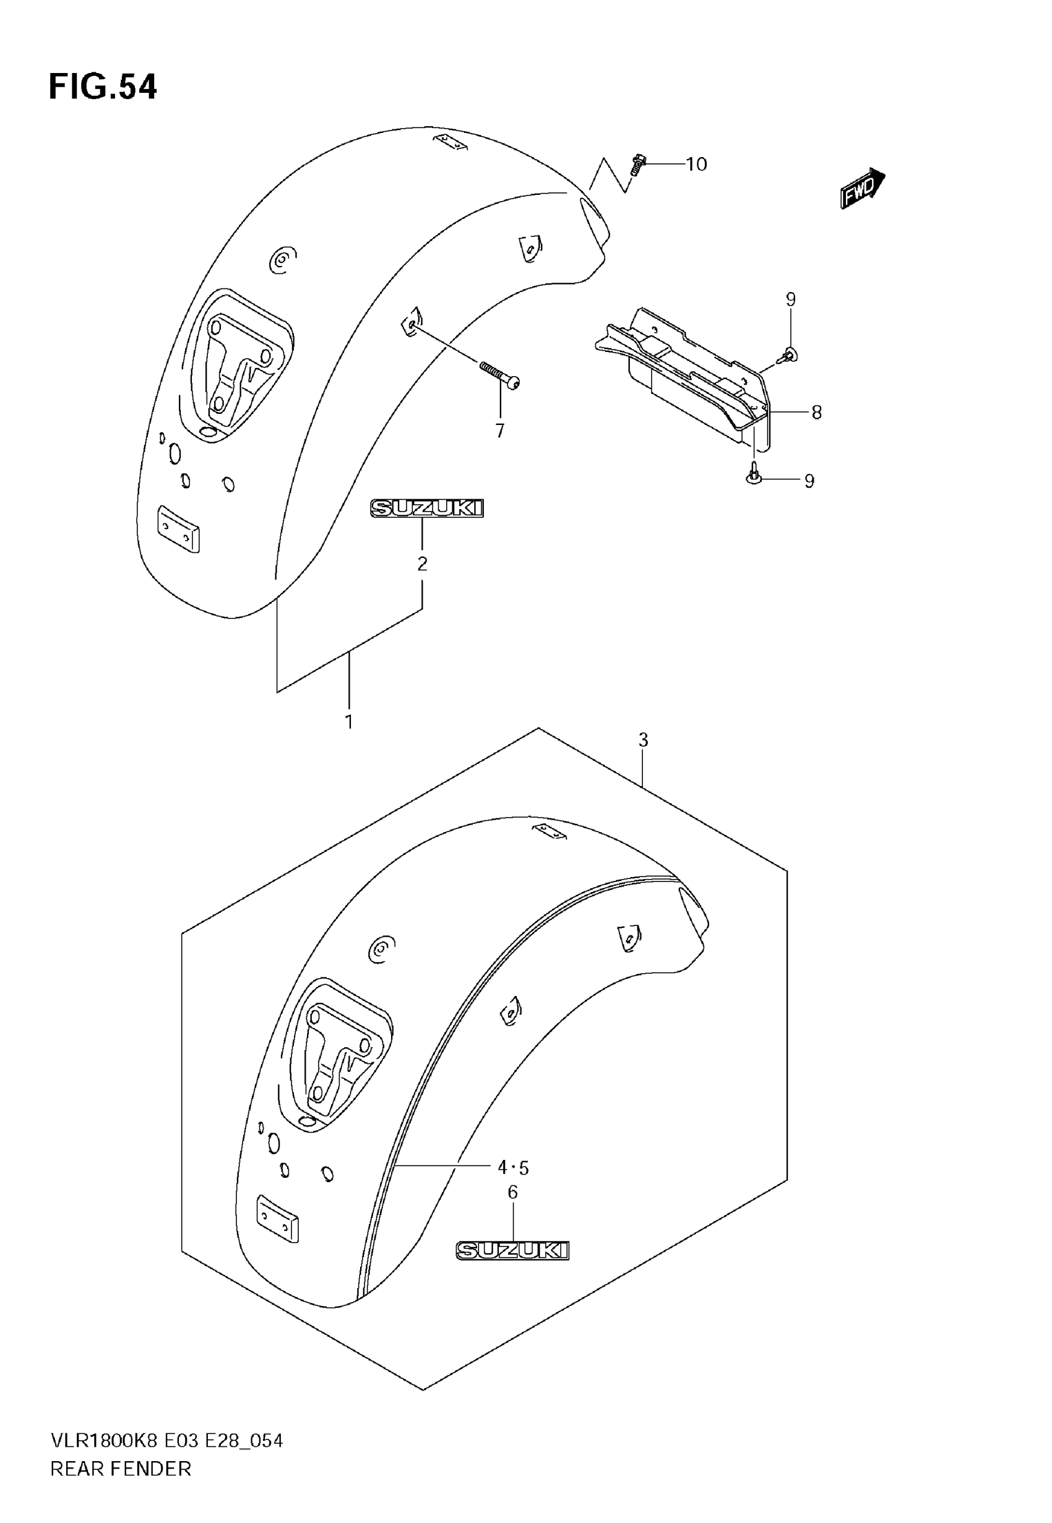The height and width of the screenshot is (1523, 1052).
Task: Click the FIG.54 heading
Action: (x=103, y=87)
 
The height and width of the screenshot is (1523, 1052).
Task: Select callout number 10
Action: (x=696, y=164)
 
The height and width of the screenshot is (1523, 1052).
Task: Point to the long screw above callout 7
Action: (x=499, y=374)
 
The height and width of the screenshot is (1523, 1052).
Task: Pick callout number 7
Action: (x=499, y=431)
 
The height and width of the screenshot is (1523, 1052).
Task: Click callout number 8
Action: (x=816, y=413)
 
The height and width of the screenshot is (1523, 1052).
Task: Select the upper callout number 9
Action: (x=790, y=300)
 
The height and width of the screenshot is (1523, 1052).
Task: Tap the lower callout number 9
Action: (x=809, y=481)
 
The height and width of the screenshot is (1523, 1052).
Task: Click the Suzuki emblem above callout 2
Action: (x=426, y=508)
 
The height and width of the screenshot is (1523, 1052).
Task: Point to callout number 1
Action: (x=348, y=722)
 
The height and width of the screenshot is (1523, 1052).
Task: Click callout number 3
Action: (x=643, y=740)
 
